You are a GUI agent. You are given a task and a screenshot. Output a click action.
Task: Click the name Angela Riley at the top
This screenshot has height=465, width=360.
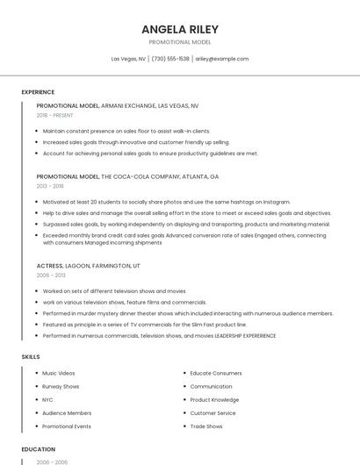[179, 29]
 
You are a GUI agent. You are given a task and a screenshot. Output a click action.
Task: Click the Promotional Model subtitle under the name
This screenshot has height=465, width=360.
[179, 42]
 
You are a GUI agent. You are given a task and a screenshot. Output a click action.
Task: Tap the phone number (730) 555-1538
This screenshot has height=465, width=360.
[170, 59]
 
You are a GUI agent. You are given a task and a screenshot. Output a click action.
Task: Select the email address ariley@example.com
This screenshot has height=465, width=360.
[221, 59]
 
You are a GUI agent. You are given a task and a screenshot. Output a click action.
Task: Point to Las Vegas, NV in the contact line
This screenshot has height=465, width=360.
[128, 59]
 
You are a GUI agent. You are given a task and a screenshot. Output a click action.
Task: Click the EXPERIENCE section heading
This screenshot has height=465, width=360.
[38, 92]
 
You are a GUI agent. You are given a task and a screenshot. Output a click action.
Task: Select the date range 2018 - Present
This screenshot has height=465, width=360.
[54, 115]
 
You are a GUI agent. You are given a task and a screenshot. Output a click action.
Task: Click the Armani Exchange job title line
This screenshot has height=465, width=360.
[118, 106]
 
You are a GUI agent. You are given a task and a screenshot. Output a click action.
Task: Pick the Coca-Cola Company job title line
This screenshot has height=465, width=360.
[127, 176]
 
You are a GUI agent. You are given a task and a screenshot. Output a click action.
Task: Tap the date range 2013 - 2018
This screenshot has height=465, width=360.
[50, 186]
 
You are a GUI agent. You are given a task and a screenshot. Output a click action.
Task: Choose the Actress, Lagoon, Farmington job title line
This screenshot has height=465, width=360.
[88, 265]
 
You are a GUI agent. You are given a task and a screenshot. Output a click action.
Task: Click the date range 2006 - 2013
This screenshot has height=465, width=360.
[50, 275]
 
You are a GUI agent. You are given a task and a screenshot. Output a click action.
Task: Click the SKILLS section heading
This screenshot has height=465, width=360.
[31, 357]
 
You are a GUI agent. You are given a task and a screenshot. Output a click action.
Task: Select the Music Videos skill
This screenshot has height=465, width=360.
[59, 373]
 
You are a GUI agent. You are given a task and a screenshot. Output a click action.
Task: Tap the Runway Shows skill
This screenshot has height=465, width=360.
[61, 386]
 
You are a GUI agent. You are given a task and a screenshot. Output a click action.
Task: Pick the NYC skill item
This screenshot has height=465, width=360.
[47, 399]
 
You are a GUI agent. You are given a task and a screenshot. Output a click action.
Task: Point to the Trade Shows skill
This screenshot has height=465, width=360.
[206, 426]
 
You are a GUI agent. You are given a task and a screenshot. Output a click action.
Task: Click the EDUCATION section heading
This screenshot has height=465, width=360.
[38, 449]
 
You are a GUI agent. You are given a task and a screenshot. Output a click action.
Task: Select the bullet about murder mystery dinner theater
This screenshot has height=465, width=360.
[188, 313]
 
